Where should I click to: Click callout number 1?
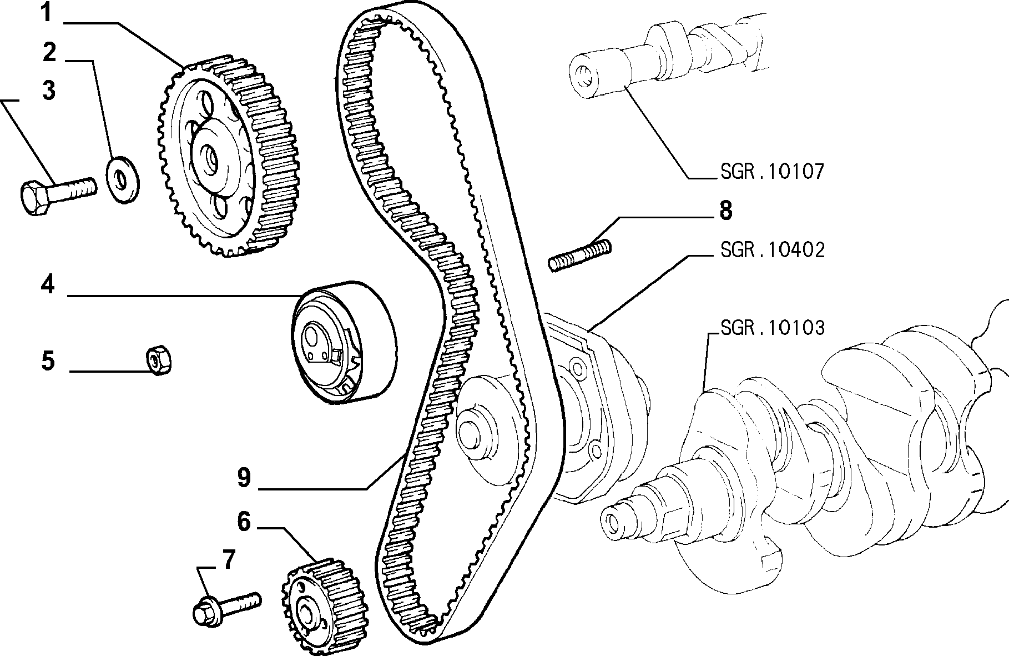tap(48, 13)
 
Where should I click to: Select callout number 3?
tap(49, 89)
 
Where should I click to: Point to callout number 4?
tap(48, 286)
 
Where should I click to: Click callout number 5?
tap(48, 361)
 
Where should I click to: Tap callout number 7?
tap(229, 561)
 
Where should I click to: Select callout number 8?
tap(725, 211)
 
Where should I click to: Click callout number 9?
tap(244, 478)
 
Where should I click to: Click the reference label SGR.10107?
tap(772, 172)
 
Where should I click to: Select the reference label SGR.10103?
tap(772, 328)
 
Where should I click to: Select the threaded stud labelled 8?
tap(580, 254)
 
